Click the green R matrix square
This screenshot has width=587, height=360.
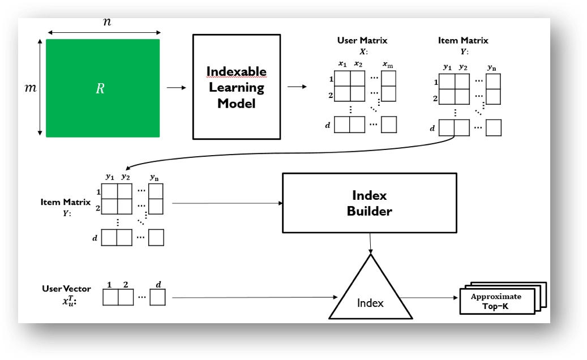[x=102, y=88]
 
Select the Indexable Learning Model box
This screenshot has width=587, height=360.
[x=236, y=87]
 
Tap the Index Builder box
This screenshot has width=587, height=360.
[x=369, y=203]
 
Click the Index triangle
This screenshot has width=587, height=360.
[x=371, y=294]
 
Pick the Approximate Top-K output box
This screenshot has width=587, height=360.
[x=496, y=301]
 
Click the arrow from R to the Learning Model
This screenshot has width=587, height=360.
[x=176, y=88]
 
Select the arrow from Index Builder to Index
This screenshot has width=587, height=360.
[x=370, y=243]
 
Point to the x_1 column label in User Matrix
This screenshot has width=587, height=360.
[x=342, y=64]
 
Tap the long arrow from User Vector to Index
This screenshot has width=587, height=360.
[x=252, y=297]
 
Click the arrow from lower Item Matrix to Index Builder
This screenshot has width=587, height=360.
[x=226, y=203]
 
